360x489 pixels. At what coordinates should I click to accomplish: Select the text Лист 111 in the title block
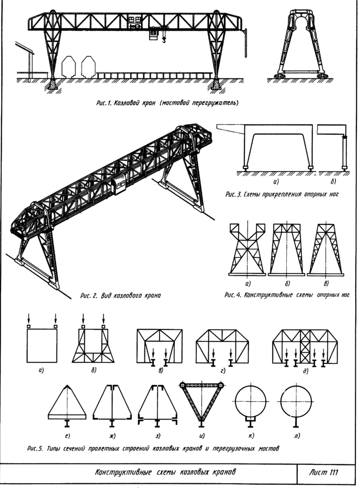coord(323,472)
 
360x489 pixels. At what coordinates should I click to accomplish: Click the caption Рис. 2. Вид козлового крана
coord(120,295)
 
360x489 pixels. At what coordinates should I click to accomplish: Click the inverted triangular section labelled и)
coord(202,403)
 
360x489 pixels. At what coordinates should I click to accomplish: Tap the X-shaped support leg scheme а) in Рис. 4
coord(247,249)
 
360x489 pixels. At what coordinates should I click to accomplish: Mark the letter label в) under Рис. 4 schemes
coord(326,283)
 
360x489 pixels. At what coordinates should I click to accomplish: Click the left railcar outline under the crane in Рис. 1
coord(69,66)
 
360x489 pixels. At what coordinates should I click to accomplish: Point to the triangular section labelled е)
coord(67,402)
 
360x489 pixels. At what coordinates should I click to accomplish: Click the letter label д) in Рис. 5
coord(306,371)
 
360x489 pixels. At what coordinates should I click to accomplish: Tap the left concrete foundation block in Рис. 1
coord(52,84)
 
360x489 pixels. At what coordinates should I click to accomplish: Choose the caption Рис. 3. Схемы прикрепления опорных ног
coord(282,194)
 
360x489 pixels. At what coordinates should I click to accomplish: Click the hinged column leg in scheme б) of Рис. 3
coord(344,152)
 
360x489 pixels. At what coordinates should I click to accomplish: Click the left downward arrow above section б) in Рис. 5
coord(83,319)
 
